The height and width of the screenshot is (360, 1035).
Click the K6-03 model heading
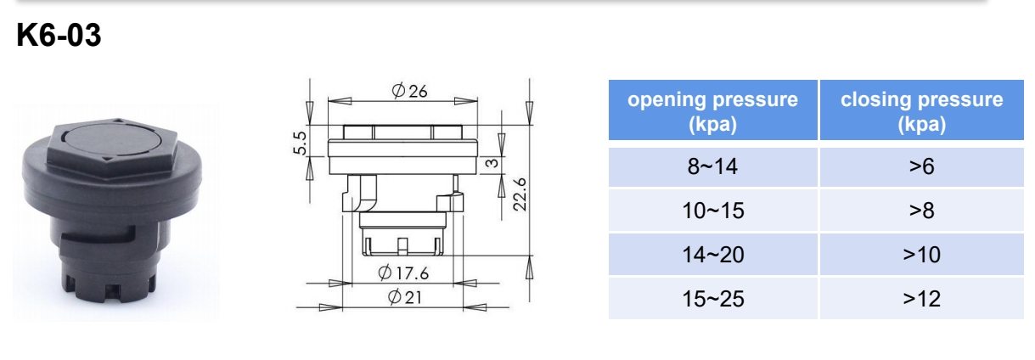click(x=59, y=37)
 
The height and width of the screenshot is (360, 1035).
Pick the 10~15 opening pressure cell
click(x=712, y=211)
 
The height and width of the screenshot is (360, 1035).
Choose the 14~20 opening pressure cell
click(x=712, y=255)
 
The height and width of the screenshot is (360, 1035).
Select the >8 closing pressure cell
click(x=920, y=211)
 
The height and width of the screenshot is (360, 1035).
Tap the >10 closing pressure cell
click(x=920, y=255)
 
